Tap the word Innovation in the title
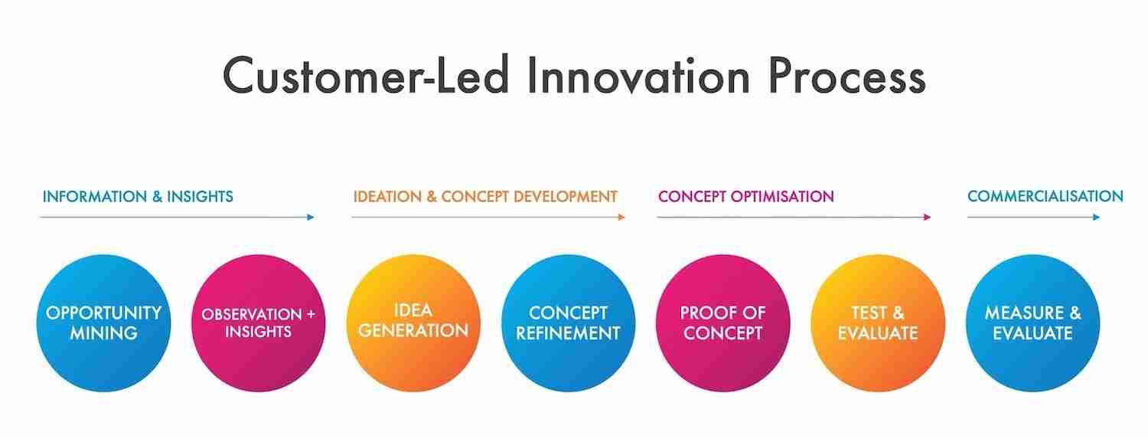(x=638, y=75)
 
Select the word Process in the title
(x=846, y=75)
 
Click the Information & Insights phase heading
(x=138, y=196)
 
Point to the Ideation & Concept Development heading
(x=485, y=196)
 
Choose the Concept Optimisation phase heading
(x=746, y=196)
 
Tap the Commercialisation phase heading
(x=1045, y=196)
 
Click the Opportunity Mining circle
(x=103, y=323)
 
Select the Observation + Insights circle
(x=259, y=323)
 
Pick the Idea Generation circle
(x=413, y=323)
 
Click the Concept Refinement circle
(x=569, y=323)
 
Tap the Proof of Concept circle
(x=723, y=323)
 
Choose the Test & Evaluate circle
(x=878, y=323)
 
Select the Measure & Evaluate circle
(x=1033, y=323)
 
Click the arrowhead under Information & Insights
(x=311, y=217)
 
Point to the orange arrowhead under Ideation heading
(x=621, y=217)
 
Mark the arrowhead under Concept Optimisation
(x=927, y=217)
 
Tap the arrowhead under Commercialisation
(x=1096, y=217)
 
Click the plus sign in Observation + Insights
(x=311, y=314)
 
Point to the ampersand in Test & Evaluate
(x=899, y=313)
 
